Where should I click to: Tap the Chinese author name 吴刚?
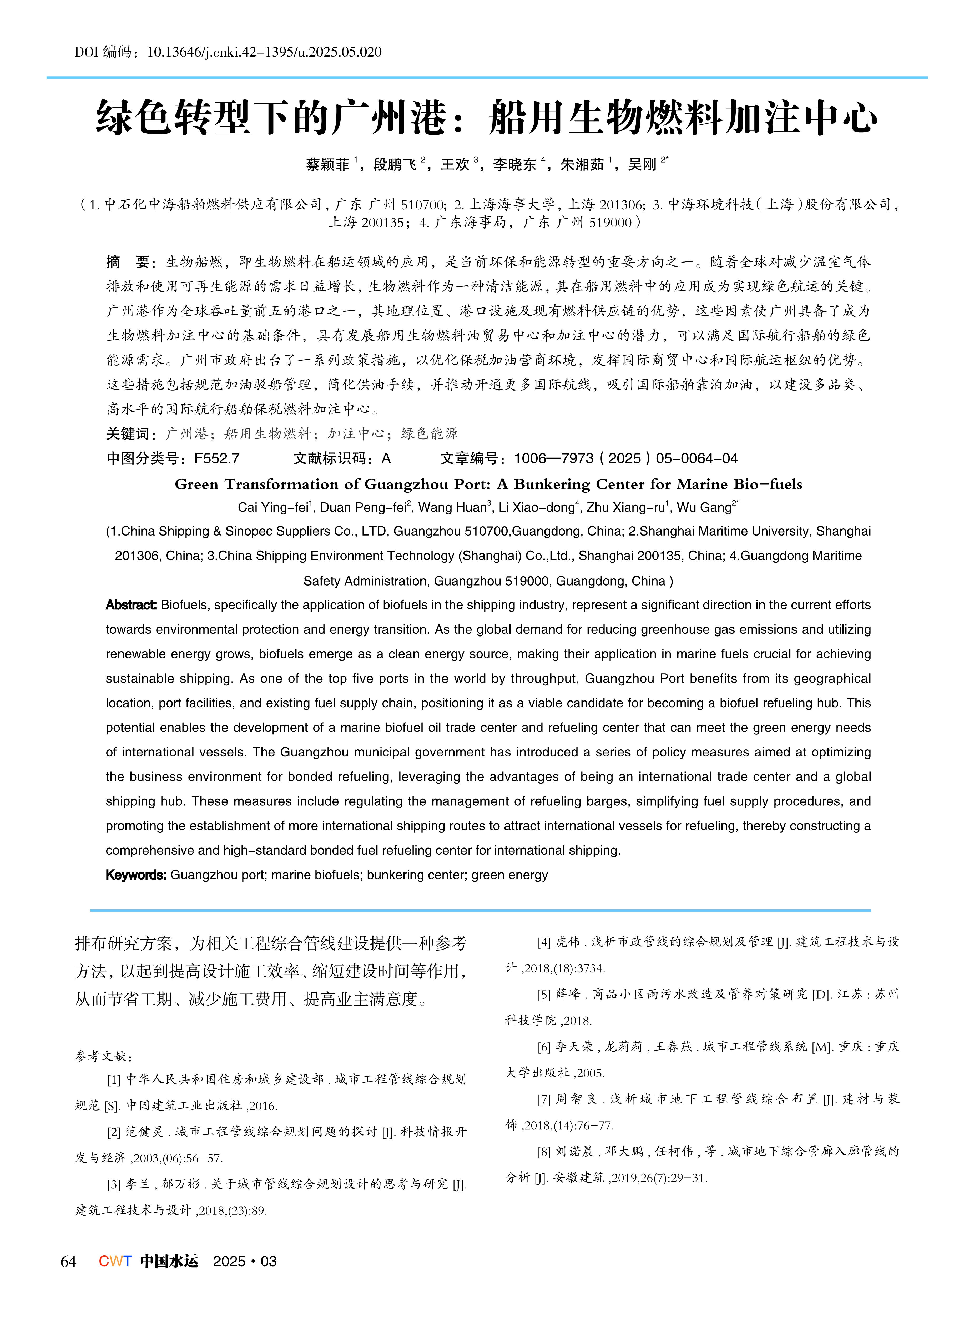pyautogui.click(x=642, y=164)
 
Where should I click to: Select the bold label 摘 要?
pyautogui.click(x=130, y=262)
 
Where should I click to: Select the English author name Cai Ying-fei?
pyautogui.click(x=272, y=508)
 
